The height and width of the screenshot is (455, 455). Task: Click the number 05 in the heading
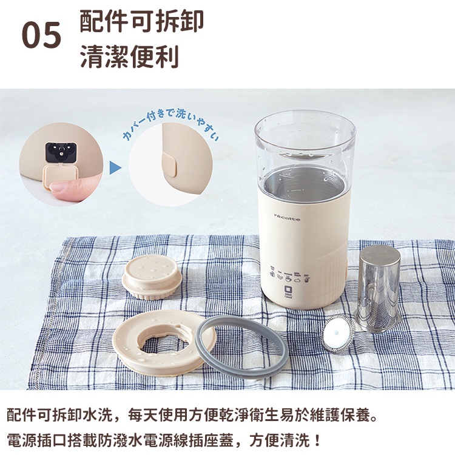(x=41, y=35)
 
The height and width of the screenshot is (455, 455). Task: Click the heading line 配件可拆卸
(x=141, y=21)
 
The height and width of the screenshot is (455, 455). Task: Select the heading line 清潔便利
(x=129, y=56)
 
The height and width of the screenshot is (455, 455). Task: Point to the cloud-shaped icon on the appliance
(x=297, y=280)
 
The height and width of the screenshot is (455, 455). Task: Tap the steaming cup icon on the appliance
(x=288, y=279)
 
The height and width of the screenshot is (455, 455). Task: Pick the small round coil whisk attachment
(x=337, y=334)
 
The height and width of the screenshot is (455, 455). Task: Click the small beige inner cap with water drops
(x=152, y=276)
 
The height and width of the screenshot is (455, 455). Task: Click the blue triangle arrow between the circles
(x=115, y=168)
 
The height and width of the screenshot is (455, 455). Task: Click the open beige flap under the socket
(x=60, y=176)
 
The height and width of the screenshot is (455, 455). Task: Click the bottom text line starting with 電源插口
(x=163, y=440)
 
